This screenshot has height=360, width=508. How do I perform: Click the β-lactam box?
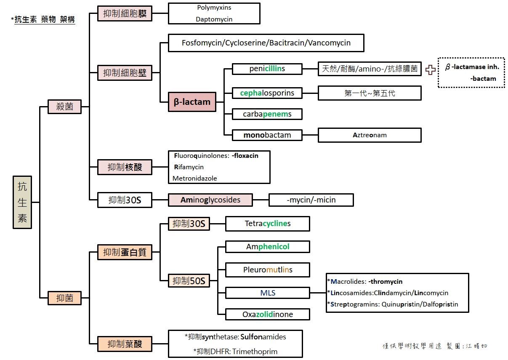pyautogui.click(x=192, y=101)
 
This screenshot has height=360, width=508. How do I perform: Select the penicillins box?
pyautogui.click(x=267, y=69)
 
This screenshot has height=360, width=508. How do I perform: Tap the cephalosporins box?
pyautogui.click(x=267, y=93)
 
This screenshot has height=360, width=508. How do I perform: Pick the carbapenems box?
pyautogui.click(x=267, y=114)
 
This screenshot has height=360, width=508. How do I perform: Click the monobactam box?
pyautogui.click(x=267, y=135)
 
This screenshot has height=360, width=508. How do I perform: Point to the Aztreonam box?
pyautogui.click(x=370, y=135)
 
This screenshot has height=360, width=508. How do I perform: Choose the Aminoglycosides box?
pyautogui.click(x=210, y=200)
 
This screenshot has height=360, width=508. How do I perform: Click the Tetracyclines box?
pyautogui.click(x=268, y=224)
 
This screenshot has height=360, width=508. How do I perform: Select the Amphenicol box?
pyautogui.click(x=268, y=247)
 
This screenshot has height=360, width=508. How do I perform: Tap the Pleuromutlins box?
pyautogui.click(x=268, y=269)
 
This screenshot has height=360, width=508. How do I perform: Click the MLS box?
pyautogui.click(x=268, y=293)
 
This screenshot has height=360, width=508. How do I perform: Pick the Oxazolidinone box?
pyautogui.click(x=268, y=314)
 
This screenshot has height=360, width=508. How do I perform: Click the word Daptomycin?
pyautogui.click(x=214, y=19)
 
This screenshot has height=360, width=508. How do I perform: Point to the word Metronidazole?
pyautogui.click(x=195, y=178)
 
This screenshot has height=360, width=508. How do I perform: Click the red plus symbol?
pyautogui.click(x=430, y=70)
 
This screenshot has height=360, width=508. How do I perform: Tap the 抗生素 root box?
pyautogui.click(x=22, y=202)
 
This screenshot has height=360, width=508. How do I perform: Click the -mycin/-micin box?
pyautogui.click(x=311, y=200)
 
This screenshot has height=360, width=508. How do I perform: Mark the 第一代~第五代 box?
pyautogui.click(x=370, y=93)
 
